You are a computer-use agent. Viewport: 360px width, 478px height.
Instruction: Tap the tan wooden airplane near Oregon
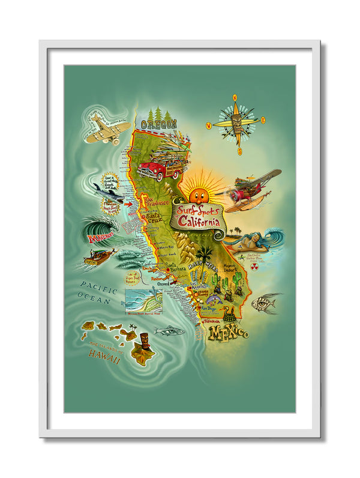point(106,129)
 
